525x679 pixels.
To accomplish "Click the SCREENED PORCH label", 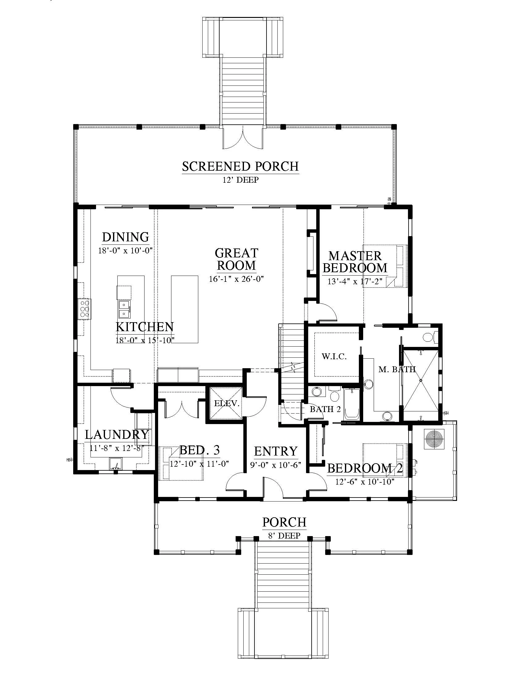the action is [x=240, y=166].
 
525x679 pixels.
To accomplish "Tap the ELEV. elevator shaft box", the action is [x=226, y=403].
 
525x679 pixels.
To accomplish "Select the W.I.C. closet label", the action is [x=334, y=356].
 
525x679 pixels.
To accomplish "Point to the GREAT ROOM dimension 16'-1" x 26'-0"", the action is [x=236, y=279].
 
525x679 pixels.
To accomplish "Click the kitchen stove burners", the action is [x=84, y=308].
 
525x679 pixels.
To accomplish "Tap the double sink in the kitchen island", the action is [x=124, y=309].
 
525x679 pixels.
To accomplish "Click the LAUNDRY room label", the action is [x=117, y=435].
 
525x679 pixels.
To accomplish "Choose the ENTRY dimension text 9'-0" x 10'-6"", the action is [x=275, y=465].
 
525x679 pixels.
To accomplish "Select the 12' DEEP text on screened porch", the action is [x=240, y=180].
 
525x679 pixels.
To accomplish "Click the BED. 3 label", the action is [x=200, y=450].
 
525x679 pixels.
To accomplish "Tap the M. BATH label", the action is [x=397, y=369].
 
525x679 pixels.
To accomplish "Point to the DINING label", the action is [x=126, y=237].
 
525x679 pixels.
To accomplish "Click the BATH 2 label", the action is [x=325, y=409].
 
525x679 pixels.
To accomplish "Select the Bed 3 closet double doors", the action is [x=182, y=408].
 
